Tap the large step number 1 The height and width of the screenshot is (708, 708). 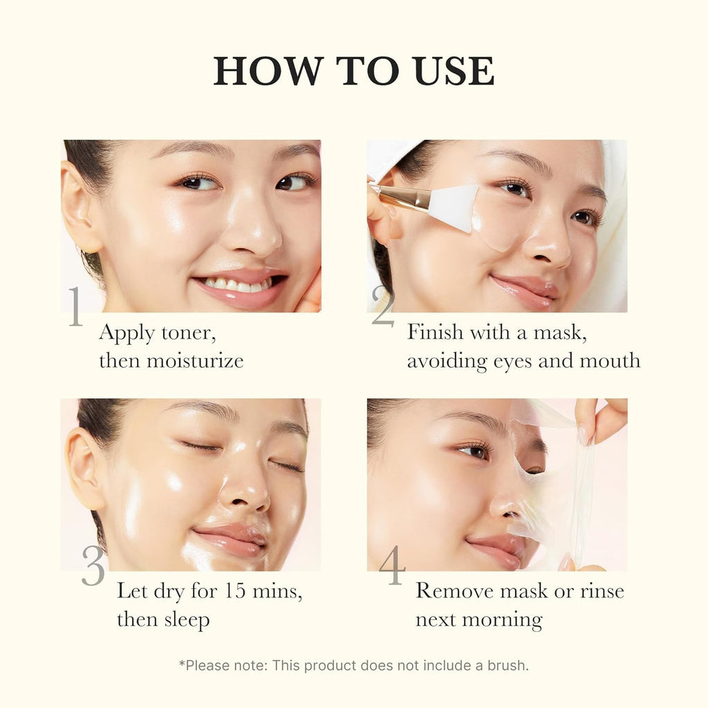(x=75, y=306)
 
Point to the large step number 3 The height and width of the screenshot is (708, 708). (x=93, y=566)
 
